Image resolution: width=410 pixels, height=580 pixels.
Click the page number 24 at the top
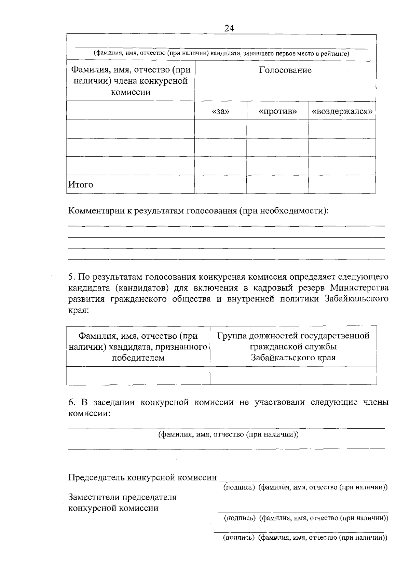pos(229,29)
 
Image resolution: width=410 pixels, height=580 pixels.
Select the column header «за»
pos(221,111)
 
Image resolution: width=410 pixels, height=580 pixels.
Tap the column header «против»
pos(277,111)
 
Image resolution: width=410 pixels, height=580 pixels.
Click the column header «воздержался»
pos(342,111)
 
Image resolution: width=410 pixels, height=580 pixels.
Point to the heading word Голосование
pos(285,70)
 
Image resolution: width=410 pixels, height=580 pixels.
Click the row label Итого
pos(81,185)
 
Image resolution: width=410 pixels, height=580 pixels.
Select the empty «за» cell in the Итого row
pos(221,185)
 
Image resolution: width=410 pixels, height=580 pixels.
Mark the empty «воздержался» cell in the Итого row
pos(342,185)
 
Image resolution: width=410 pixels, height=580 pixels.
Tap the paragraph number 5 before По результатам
pos(71,276)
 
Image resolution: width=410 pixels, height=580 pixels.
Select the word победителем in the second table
pos(138,358)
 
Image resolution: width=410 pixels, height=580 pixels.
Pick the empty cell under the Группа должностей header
pos(293,375)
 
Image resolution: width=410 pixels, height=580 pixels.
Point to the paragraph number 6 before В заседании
pos(71,402)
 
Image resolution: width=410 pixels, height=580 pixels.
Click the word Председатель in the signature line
pos(97,477)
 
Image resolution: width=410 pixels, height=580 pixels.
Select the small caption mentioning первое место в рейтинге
pos(221,54)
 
